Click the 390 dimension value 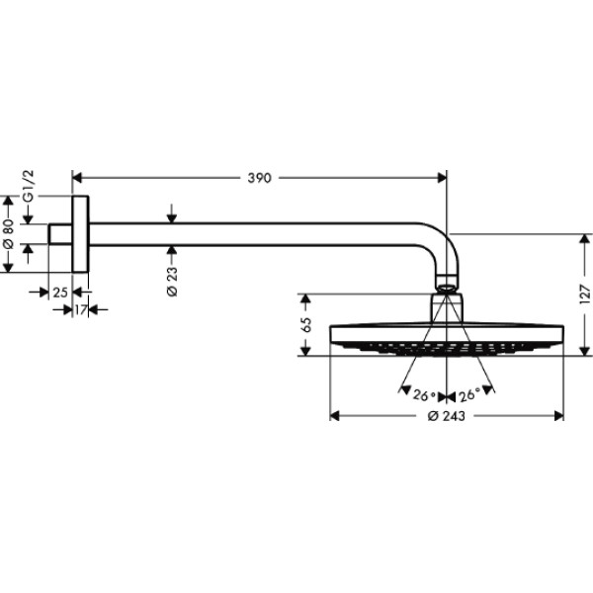click(259, 178)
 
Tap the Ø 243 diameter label click(447, 416)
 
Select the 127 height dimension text click(585, 294)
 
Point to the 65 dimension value click(306, 325)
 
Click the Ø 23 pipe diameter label click(172, 282)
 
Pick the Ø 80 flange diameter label click(8, 234)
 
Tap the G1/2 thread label click(28, 186)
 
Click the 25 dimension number click(60, 293)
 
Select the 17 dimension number click(81, 310)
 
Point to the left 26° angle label click(424, 395)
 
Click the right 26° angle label click(469, 394)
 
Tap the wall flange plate click(81, 234)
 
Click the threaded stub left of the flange click(60, 234)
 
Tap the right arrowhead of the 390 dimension click(442, 178)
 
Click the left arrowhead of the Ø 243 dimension click(335, 416)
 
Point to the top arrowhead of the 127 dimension click(585, 239)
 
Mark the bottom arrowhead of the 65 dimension click(305, 351)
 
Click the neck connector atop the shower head click(447, 308)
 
